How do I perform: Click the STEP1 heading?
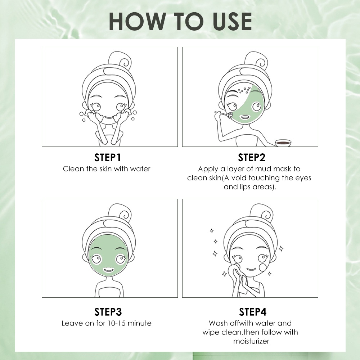click(107, 158)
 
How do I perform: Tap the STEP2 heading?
click(252, 158)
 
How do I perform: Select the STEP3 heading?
click(108, 312)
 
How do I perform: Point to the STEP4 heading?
click(253, 312)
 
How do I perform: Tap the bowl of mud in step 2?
click(283, 143)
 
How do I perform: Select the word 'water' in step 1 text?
click(140, 169)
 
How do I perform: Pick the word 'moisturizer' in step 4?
click(251, 341)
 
